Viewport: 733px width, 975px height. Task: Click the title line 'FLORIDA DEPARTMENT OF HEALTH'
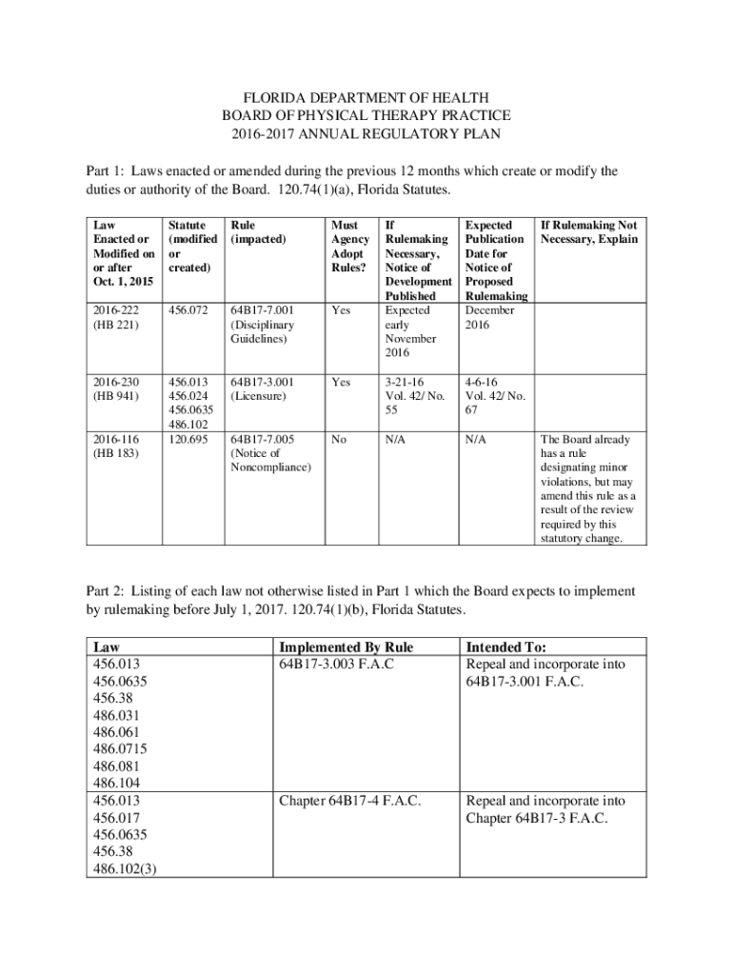tap(366, 98)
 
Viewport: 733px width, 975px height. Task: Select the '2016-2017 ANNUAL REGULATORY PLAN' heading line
tap(366, 134)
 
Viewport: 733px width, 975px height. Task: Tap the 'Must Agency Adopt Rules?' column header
tap(348, 247)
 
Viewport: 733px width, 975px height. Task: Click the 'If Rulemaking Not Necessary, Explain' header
tap(587, 232)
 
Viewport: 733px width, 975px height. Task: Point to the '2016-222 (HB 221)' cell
tap(115, 318)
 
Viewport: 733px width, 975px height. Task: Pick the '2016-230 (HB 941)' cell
tap(115, 388)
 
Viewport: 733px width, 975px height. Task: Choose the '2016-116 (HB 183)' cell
tap(115, 447)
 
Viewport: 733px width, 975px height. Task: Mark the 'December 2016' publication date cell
tap(489, 318)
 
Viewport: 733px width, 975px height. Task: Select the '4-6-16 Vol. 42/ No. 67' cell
tap(489, 396)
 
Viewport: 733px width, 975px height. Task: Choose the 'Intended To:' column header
tap(505, 647)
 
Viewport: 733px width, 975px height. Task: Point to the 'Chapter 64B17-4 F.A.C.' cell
tap(350, 801)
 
